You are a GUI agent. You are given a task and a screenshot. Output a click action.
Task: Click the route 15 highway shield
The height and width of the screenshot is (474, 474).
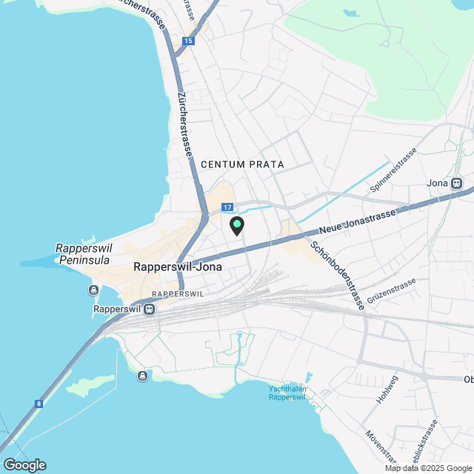[x=189, y=41]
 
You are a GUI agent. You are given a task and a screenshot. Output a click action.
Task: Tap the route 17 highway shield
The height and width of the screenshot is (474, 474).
[x=227, y=207]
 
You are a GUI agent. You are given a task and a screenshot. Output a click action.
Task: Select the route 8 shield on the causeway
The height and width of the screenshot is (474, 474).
[x=39, y=404]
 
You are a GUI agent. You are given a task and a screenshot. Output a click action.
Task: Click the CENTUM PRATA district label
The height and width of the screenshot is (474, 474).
[x=242, y=164]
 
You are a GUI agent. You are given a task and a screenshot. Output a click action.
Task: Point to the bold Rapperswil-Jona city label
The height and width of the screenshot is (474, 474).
[x=178, y=266]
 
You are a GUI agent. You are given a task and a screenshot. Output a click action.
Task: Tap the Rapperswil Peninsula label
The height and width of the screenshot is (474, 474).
[x=83, y=254]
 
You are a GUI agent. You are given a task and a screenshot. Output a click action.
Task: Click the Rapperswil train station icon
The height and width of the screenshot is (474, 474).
[x=150, y=309]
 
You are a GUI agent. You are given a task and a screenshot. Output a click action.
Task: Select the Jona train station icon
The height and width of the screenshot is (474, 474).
[x=456, y=183]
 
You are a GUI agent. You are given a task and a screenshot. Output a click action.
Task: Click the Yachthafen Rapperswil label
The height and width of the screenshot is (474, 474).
[x=287, y=393]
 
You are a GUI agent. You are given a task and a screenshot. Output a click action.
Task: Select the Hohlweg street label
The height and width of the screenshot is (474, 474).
[x=387, y=389]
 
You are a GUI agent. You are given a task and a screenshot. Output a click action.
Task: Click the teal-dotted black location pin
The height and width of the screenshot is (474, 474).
[x=237, y=225]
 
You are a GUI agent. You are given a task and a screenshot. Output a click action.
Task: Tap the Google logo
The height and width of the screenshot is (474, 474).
[x=24, y=464]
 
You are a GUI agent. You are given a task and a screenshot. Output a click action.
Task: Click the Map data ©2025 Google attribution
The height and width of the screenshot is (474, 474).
[x=428, y=468]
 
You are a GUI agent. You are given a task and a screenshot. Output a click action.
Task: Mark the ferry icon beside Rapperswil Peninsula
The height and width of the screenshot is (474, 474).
[x=94, y=290]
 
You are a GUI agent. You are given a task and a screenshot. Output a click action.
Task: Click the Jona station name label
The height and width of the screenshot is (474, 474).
[x=438, y=183]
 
